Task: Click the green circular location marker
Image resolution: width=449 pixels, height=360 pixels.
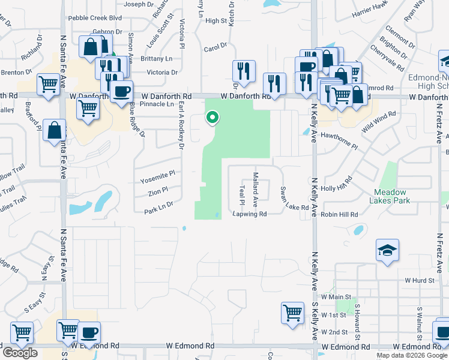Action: coord(212,118)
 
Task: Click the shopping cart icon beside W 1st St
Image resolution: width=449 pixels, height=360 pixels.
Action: coord(292,312)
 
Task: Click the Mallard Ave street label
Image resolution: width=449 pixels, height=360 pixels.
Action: coord(255,187)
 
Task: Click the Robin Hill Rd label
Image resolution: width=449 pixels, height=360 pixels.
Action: coord(339,214)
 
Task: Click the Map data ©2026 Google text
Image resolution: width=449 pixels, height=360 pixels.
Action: coord(411,355)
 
